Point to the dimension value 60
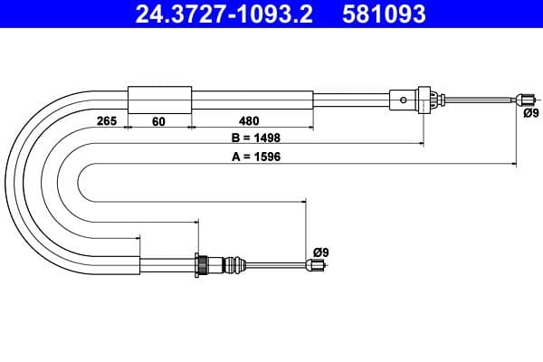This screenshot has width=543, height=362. tap(159, 120)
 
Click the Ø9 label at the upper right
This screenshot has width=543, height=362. tap(530, 113)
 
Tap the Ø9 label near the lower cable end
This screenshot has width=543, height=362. tap(320, 251)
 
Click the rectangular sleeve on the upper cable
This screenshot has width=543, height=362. tap(159, 99)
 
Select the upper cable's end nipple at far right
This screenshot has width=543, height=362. tap(524, 99)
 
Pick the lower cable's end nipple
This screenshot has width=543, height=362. tap(315, 265)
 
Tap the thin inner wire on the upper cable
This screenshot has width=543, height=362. tap(480, 99)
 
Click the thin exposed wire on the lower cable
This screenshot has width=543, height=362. tap(276, 265)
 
